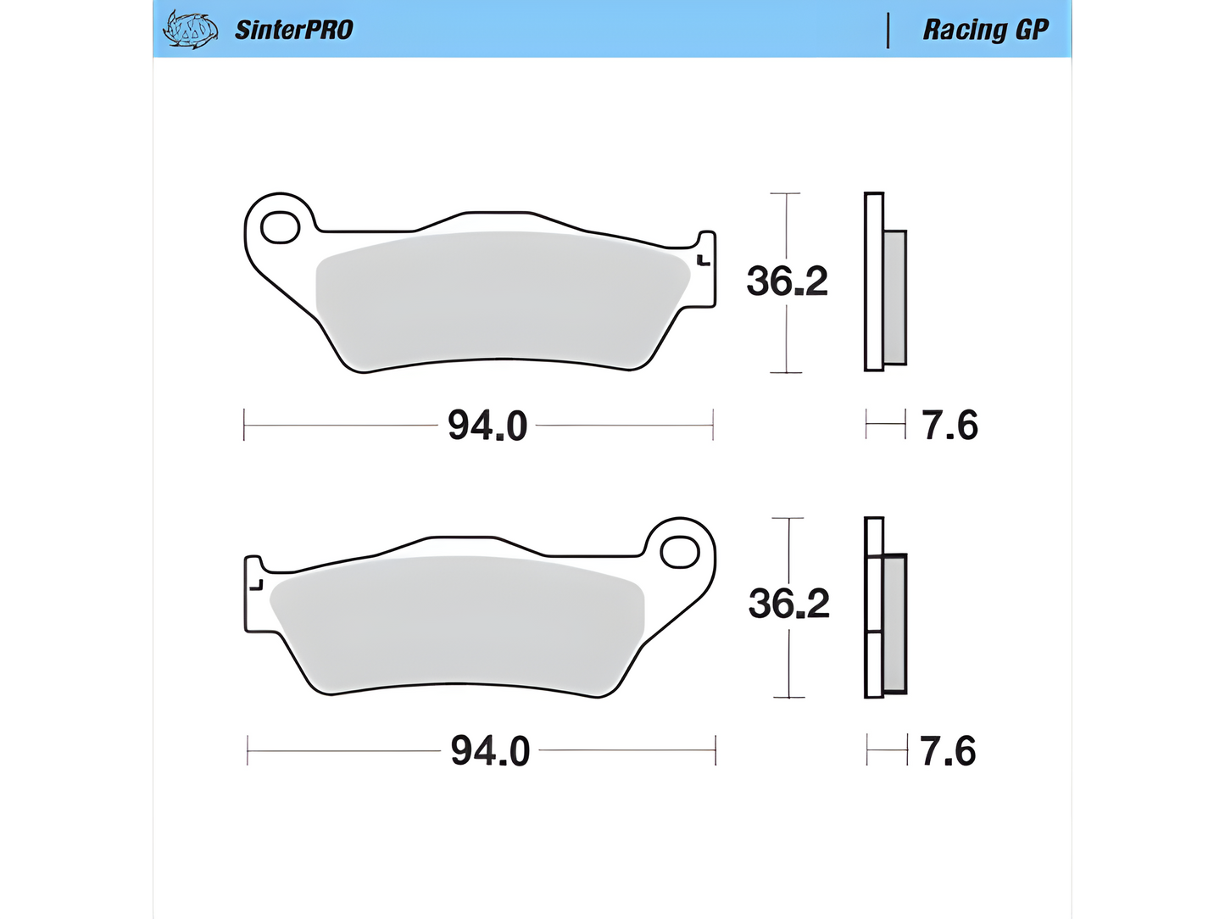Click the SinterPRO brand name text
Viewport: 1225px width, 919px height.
[293, 30]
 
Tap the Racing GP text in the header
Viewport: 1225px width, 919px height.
[986, 30]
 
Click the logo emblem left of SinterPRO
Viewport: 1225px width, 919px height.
[190, 30]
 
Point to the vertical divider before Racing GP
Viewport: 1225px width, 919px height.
[888, 31]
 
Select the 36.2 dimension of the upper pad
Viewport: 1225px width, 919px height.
[787, 281]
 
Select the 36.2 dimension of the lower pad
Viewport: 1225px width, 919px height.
[788, 604]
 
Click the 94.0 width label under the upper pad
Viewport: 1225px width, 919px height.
[487, 426]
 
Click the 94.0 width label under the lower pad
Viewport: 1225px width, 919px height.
[490, 751]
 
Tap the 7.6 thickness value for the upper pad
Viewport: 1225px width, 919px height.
[949, 426]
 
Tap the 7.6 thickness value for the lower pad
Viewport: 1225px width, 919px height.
[948, 751]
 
